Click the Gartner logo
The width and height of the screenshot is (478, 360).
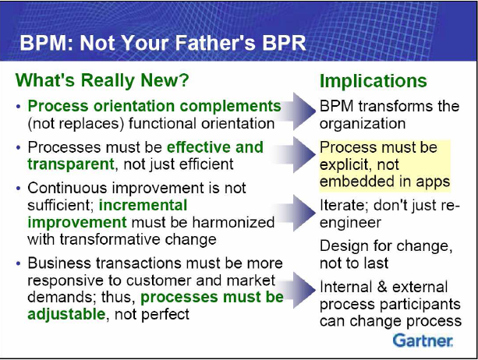(x=423, y=341)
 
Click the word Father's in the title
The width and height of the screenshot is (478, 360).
(x=215, y=43)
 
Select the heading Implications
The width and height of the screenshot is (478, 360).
(x=374, y=81)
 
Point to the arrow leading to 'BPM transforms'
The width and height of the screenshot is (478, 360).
(x=297, y=111)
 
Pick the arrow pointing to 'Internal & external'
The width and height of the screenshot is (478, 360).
(x=297, y=290)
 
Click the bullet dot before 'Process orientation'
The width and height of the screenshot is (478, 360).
(x=19, y=107)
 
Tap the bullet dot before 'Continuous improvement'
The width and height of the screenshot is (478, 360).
(x=19, y=189)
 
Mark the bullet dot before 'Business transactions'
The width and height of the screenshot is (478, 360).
(x=19, y=263)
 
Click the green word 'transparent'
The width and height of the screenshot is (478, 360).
(x=71, y=164)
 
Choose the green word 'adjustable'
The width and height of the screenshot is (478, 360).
(x=66, y=314)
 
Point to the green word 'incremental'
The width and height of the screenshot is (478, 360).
(x=143, y=205)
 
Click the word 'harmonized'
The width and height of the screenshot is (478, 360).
(x=233, y=222)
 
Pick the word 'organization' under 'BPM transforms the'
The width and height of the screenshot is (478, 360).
(x=363, y=124)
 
